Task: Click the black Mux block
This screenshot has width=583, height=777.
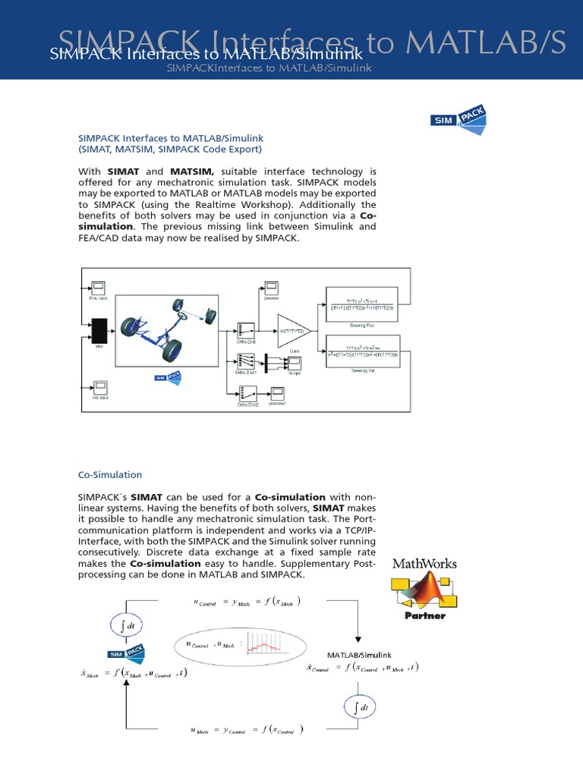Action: pyautogui.click(x=99, y=331)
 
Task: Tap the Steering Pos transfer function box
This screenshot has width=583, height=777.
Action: pyautogui.click(x=360, y=301)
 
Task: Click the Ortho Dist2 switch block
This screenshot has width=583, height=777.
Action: pyautogui.click(x=244, y=395)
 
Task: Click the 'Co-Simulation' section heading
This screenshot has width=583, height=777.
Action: pyautogui.click(x=110, y=475)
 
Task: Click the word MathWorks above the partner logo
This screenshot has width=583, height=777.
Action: pyautogui.click(x=424, y=564)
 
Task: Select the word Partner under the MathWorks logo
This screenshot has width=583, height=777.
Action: pyautogui.click(x=424, y=615)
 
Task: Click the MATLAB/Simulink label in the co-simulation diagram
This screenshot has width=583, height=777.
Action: pyautogui.click(x=358, y=654)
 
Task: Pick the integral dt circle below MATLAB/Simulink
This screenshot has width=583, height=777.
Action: pyautogui.click(x=358, y=709)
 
